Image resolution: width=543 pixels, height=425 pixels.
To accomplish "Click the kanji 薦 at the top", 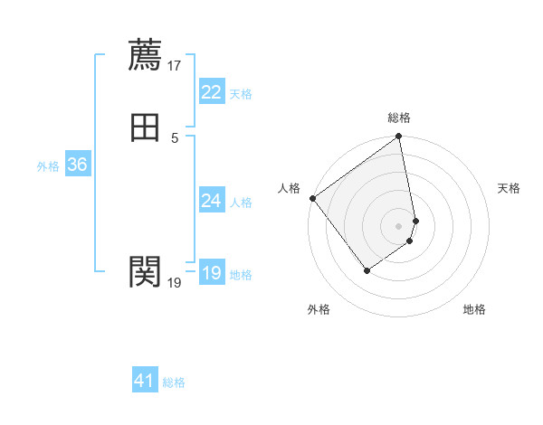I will point(145,54).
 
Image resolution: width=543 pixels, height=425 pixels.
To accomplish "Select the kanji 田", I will point(145,127).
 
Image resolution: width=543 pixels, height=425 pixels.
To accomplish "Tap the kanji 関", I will point(145,270).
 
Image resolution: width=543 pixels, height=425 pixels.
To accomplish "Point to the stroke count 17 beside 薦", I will point(175,65).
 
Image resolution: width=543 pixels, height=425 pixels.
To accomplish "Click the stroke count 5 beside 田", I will point(175,137).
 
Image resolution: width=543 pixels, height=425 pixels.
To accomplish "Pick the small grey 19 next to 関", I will point(175,283).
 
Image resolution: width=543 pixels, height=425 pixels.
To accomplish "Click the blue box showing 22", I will point(211,92).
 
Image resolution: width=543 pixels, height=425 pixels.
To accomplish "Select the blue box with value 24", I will point(211,201).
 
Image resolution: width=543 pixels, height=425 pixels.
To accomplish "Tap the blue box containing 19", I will point(211,273).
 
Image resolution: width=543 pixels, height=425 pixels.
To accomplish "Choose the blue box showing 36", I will point(77,165).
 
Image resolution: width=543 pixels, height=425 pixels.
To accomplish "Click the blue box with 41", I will point(145,381).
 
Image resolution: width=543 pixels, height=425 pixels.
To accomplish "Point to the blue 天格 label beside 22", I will point(241,94).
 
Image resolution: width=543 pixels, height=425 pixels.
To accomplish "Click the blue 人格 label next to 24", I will point(241,203).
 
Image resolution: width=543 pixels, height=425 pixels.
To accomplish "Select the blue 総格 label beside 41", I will point(174,382).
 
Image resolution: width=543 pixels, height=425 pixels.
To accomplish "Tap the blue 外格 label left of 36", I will point(48,166).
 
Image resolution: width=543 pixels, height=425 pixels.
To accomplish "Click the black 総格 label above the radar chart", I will point(399,118).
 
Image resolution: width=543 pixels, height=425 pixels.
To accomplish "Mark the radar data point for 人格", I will point(312,198).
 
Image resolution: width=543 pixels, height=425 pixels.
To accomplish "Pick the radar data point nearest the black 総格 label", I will point(399,137).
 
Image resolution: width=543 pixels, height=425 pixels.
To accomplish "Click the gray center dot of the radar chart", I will point(399,225).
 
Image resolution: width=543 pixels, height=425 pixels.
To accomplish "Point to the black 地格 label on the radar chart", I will point(474,310).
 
